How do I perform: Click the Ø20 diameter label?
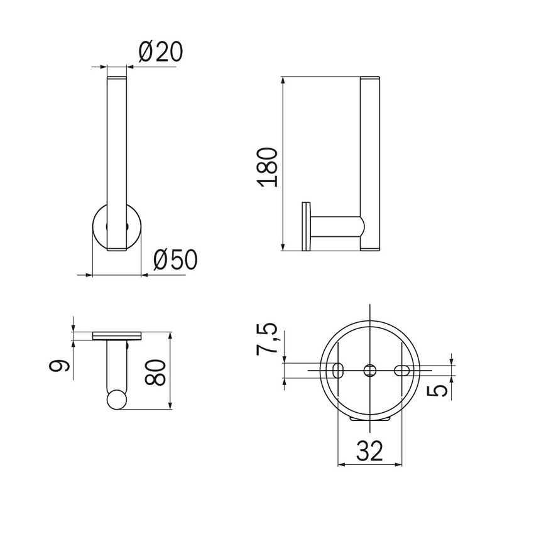(x=161, y=52)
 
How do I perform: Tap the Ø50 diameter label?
(x=175, y=260)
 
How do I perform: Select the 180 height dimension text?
(x=268, y=167)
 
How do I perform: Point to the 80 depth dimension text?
(x=155, y=373)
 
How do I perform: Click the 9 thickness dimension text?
(x=60, y=366)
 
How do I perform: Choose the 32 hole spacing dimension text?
(x=370, y=450)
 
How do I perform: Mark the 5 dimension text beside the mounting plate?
(x=437, y=391)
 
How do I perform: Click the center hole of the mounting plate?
(x=369, y=370)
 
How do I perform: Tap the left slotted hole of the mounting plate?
(x=338, y=370)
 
